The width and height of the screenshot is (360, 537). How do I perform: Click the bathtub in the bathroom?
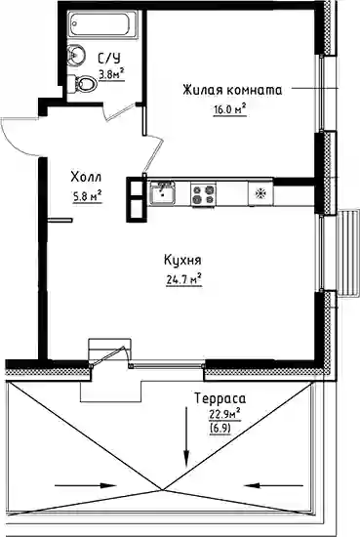[102, 23]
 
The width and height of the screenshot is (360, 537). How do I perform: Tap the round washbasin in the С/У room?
[77, 55]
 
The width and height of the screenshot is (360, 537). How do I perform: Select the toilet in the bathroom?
[82, 84]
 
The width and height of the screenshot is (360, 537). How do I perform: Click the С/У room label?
[109, 59]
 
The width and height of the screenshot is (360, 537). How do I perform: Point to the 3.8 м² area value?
[111, 74]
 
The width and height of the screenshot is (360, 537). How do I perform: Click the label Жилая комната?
[232, 91]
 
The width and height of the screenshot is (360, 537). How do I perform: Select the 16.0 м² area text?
[230, 109]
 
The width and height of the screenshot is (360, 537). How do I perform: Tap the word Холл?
[86, 178]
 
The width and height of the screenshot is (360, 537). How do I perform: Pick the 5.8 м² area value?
[87, 196]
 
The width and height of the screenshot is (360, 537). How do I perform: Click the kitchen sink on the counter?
[162, 192]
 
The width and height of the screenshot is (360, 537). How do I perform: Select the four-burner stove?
[203, 194]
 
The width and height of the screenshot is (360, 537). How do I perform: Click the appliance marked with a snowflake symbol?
[260, 193]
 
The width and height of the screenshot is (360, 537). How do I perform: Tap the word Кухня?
[182, 260]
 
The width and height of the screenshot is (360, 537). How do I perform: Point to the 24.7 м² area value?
[183, 280]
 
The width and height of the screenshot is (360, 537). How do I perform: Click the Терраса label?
[220, 398]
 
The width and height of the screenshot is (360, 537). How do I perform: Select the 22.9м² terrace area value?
[224, 414]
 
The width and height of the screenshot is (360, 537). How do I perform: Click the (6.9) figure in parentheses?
[220, 429]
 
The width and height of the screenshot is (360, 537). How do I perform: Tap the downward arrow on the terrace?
[186, 436]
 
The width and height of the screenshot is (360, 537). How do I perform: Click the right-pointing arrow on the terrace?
[86, 485]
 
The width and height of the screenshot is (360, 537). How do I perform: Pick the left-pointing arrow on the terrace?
[273, 485]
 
